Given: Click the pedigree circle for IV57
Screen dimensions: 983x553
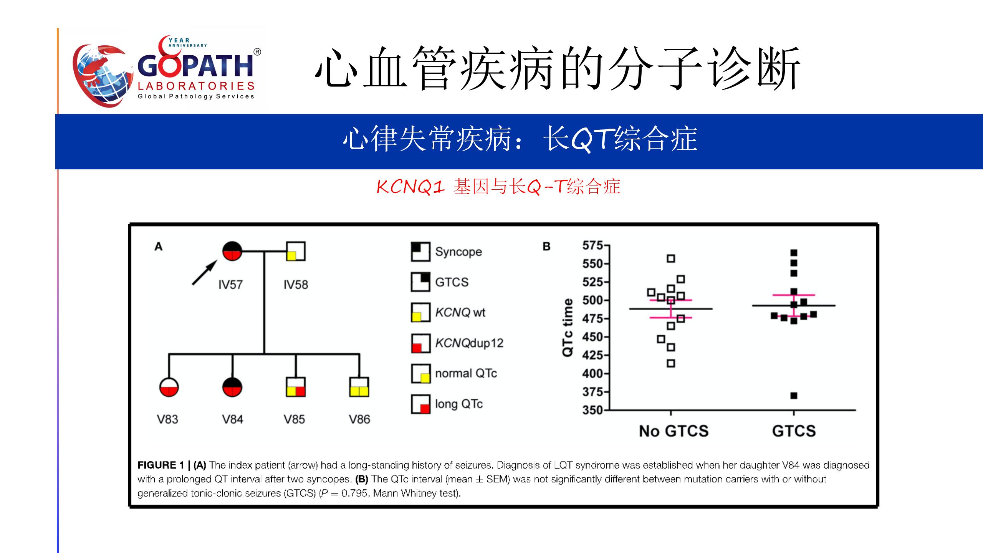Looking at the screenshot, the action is tap(232, 251).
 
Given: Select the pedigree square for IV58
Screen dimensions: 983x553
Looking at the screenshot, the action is tap(296, 251).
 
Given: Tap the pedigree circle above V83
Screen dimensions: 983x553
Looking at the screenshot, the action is tap(169, 387).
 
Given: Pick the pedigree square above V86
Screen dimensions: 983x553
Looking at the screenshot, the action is tap(359, 387).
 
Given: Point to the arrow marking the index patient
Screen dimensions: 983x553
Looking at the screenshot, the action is tap(205, 273).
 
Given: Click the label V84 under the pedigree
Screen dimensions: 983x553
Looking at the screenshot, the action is tap(233, 419).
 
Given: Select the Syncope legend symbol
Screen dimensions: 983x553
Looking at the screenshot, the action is tap(420, 252).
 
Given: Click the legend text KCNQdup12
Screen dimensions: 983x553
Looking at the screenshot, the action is tap(469, 343).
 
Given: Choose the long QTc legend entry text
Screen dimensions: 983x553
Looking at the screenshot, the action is tap(459, 404).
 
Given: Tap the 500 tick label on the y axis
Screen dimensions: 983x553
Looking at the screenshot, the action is tap(592, 300).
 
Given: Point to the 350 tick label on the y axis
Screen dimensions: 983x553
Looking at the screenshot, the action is tap(592, 410).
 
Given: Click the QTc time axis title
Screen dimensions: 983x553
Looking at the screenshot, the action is tap(568, 328).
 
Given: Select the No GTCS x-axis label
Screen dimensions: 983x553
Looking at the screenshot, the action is tap(674, 431).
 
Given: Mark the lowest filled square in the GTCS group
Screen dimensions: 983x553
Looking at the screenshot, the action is tap(794, 396).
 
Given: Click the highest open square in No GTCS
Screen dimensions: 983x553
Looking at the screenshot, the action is tap(671, 258).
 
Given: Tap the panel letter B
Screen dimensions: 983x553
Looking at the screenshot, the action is tap(546, 247).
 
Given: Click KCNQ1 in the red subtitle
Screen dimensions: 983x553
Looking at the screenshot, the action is tap(410, 187).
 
